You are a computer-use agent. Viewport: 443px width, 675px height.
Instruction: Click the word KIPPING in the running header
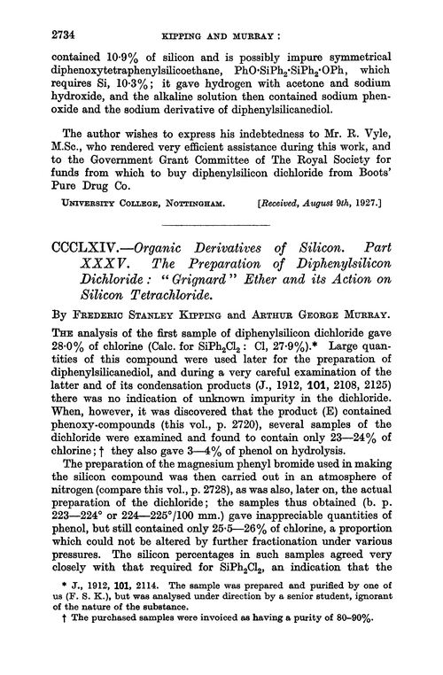point(188,16)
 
